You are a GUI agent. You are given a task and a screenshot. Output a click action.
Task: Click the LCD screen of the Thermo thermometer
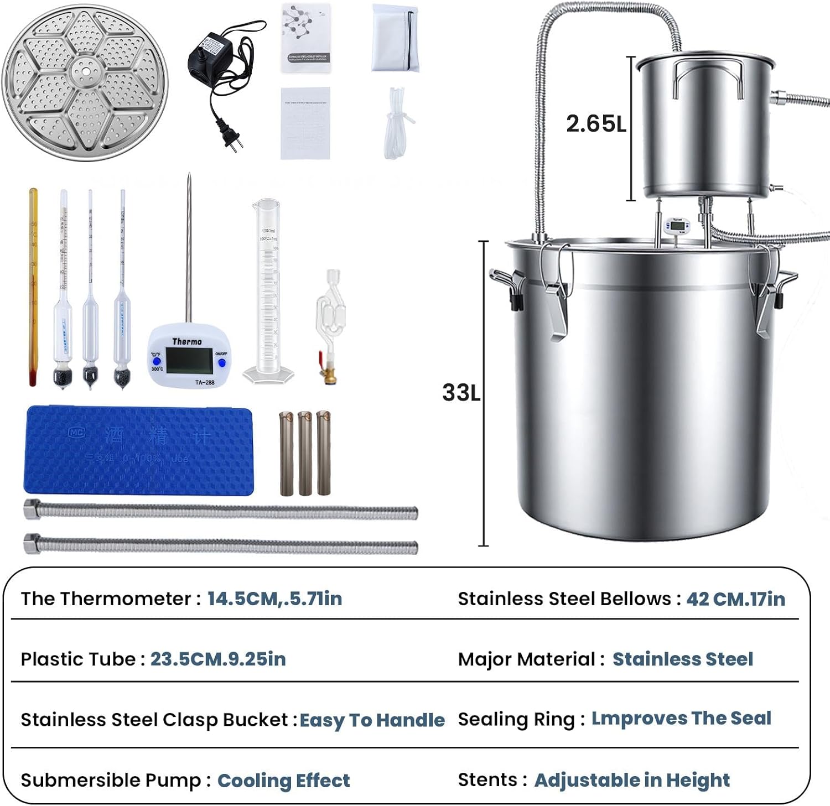point(188,361)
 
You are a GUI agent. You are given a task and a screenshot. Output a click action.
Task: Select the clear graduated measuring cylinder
point(268,288)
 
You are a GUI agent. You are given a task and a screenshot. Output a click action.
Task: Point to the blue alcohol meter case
point(138,450)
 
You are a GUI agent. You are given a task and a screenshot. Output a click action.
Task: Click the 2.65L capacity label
point(596,123)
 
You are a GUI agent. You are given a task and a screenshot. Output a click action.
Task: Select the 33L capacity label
point(461,393)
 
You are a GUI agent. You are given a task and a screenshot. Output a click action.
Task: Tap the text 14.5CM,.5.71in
point(274,599)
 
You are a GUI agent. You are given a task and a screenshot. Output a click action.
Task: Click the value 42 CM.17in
point(735,599)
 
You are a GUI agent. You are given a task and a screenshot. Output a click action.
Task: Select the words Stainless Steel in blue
point(682,659)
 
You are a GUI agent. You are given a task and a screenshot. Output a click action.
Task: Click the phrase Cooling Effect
point(283,781)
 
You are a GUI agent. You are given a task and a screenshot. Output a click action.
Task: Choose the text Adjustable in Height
point(632,780)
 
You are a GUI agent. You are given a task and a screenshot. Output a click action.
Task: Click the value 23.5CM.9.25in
point(218,659)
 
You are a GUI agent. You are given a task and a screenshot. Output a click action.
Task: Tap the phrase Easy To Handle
point(372,720)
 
